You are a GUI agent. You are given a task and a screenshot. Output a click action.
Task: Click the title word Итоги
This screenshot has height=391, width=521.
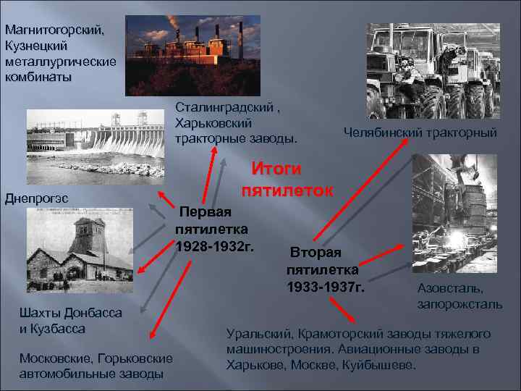(x=276, y=169)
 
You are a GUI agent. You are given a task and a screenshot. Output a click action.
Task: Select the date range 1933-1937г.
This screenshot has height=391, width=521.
(x=326, y=287)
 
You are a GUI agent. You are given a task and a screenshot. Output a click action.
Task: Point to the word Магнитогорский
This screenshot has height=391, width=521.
(x=54, y=31)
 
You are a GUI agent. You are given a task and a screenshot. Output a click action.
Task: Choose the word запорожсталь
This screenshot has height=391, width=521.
(x=459, y=304)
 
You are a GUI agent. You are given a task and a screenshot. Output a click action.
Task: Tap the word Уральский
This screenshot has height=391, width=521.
(x=257, y=335)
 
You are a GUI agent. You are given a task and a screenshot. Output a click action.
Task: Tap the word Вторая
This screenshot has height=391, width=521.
(x=316, y=255)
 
